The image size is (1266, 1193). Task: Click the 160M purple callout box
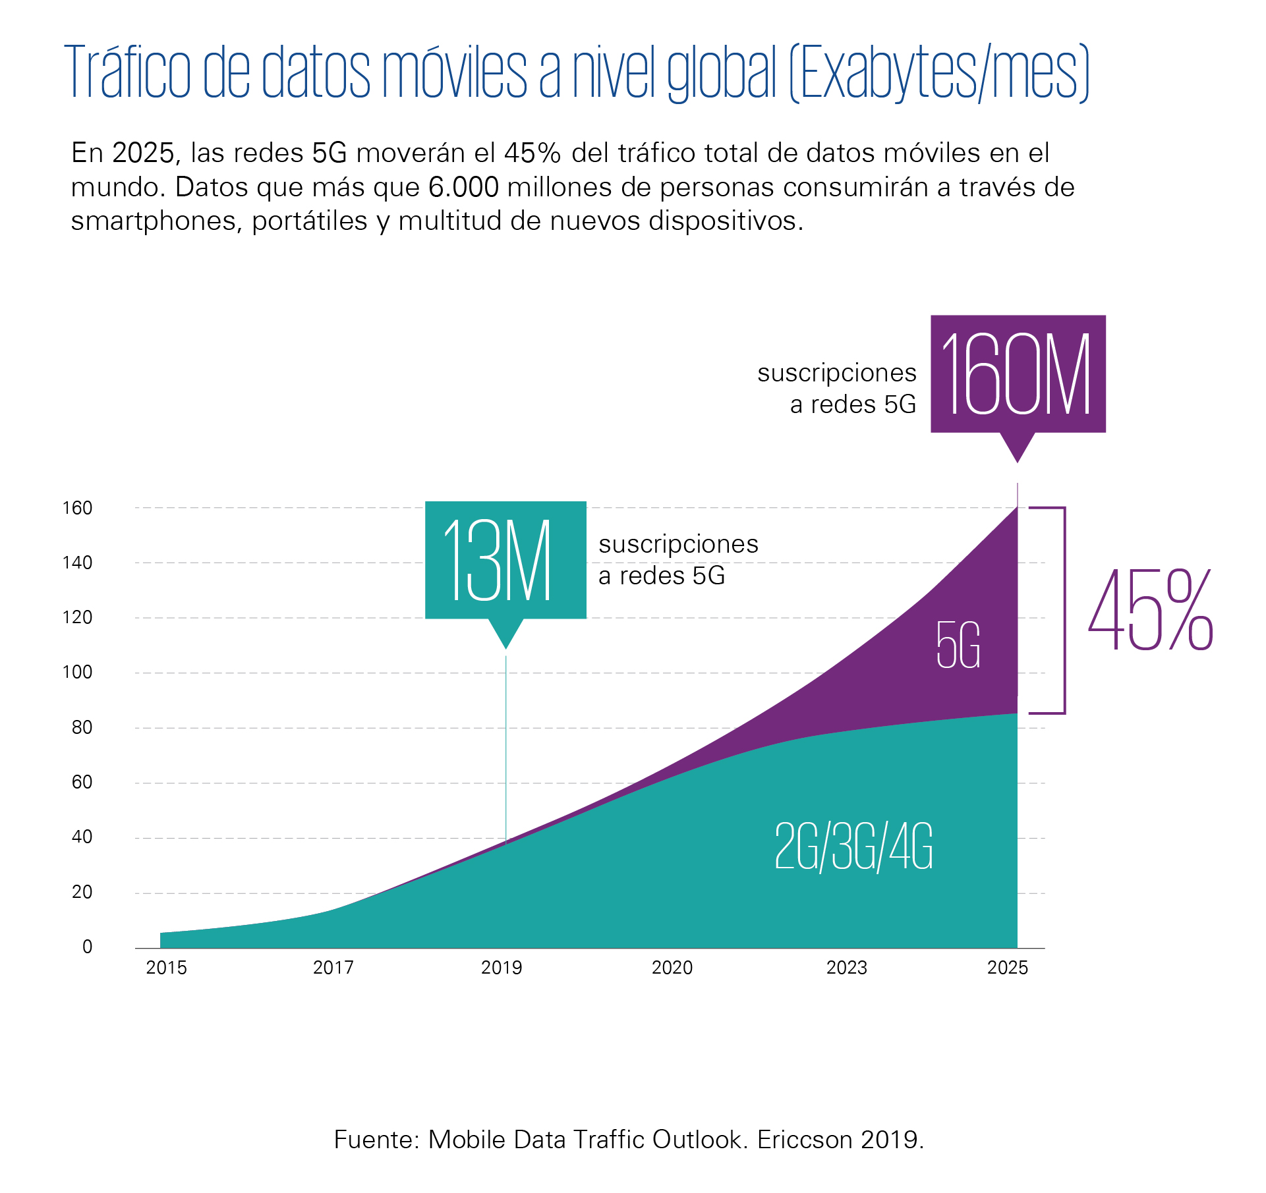click(x=1018, y=374)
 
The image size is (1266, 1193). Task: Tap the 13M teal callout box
click(x=505, y=560)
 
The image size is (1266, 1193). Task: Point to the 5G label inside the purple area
click(x=958, y=646)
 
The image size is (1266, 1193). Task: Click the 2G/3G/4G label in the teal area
click(x=853, y=847)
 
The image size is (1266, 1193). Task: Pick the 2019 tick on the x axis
click(x=502, y=968)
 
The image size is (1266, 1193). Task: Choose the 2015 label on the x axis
click(x=166, y=968)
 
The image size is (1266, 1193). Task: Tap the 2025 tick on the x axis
click(x=1008, y=968)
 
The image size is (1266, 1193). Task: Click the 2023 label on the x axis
click(x=847, y=968)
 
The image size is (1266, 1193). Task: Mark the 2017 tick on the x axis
click(x=333, y=968)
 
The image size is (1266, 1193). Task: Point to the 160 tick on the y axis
click(x=77, y=508)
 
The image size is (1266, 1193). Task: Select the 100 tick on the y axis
click(x=77, y=673)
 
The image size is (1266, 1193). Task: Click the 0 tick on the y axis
click(x=87, y=947)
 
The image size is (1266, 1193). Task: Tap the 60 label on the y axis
click(x=82, y=783)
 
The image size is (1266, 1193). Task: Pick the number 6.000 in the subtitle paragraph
click(x=463, y=187)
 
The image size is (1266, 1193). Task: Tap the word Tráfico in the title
click(x=129, y=72)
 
